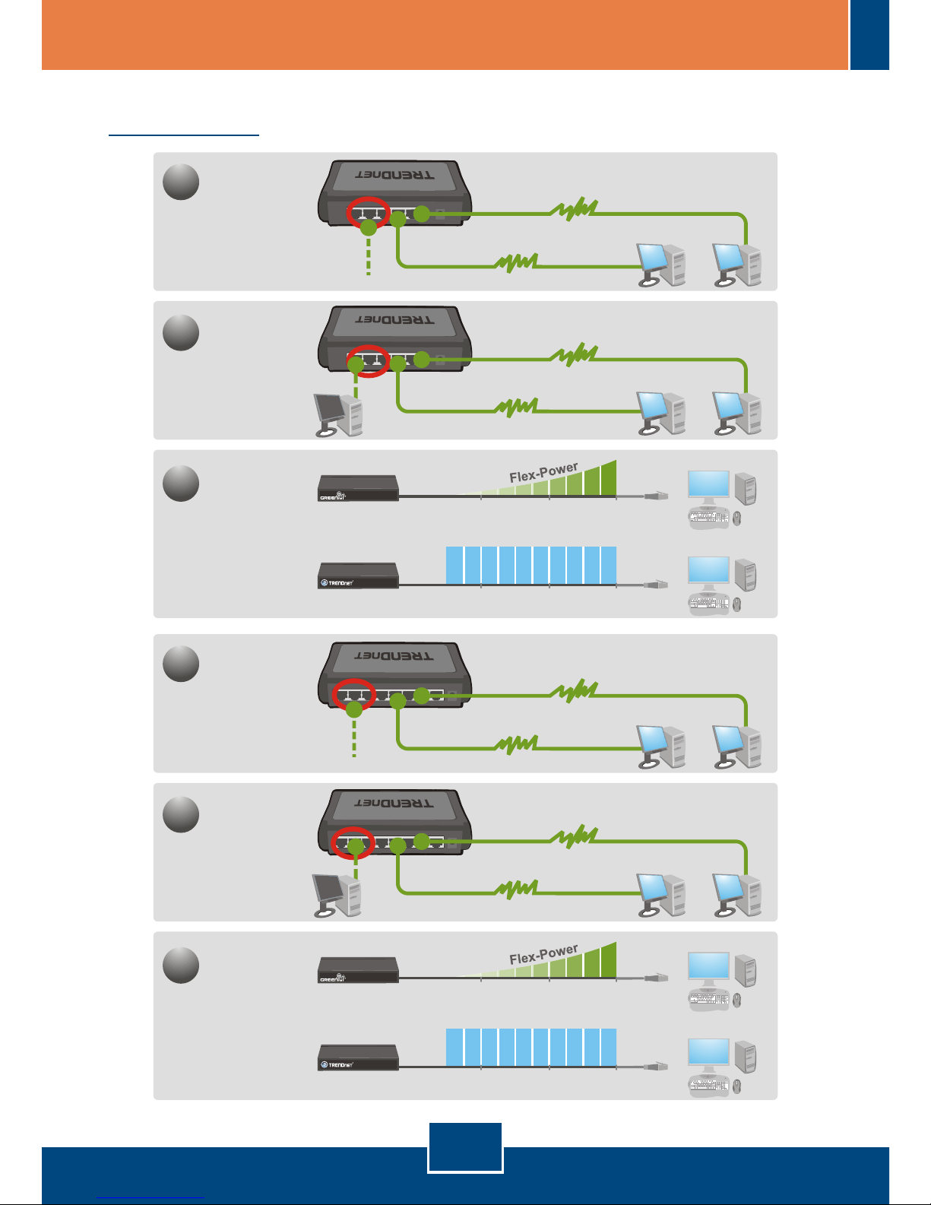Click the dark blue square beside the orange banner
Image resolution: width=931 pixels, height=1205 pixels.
click(x=869, y=35)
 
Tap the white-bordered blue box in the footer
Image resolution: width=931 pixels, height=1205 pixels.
click(x=465, y=1147)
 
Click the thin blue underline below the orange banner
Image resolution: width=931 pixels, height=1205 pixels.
click(x=184, y=135)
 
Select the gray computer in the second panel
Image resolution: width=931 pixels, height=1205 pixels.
click(x=339, y=415)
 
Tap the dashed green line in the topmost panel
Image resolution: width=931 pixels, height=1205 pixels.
click(x=368, y=255)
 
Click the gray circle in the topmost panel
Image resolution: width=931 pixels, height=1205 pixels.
click(x=181, y=182)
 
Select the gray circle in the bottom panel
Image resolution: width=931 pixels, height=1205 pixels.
click(x=181, y=966)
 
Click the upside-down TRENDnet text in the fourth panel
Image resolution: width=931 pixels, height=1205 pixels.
click(x=394, y=655)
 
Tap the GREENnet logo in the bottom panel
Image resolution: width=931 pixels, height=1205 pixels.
click(x=333, y=979)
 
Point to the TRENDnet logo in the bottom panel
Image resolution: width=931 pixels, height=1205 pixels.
click(x=337, y=1065)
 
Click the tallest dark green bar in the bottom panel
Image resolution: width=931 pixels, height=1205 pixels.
click(x=608, y=960)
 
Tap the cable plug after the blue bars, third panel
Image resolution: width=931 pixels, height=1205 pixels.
click(x=656, y=584)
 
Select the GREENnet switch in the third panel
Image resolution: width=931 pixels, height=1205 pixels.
click(x=358, y=487)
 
